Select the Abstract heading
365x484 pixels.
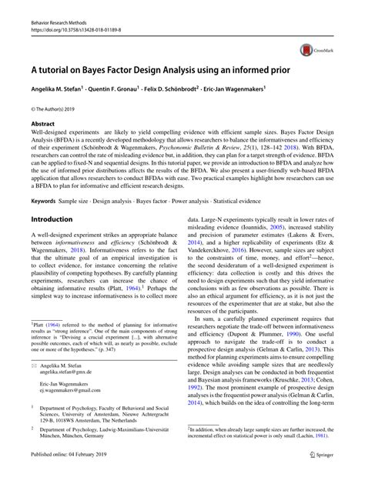(x=43, y=122)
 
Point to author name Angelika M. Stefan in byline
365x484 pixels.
(x=63, y=88)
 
